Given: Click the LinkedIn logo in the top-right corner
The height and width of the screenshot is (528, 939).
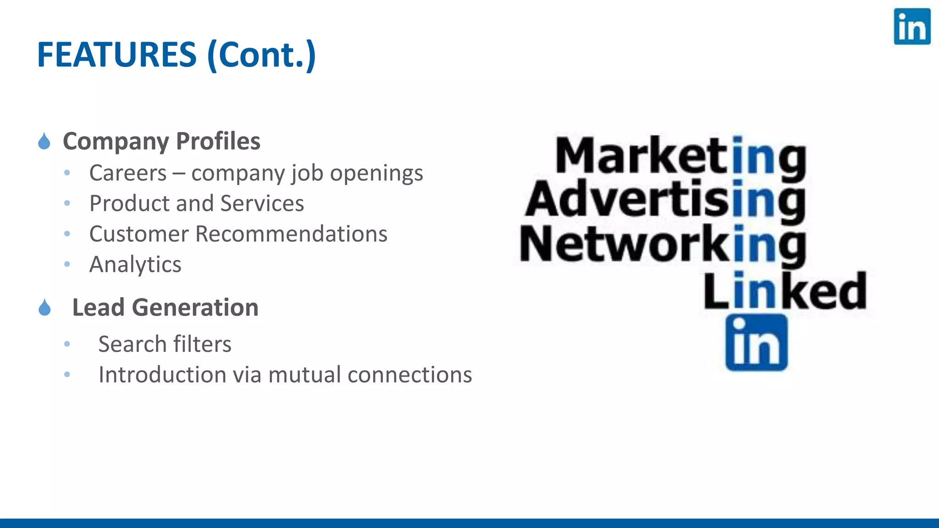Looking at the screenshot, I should [x=911, y=27].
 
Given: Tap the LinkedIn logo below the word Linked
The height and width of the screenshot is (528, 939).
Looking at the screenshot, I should [x=756, y=342].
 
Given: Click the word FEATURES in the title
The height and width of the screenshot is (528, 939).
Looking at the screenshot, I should [x=116, y=55].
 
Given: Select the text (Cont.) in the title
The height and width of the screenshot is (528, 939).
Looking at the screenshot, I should [x=261, y=55].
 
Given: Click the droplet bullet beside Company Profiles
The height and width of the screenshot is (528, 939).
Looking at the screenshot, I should [x=44, y=141].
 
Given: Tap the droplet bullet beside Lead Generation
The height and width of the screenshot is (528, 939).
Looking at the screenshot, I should [x=44, y=308].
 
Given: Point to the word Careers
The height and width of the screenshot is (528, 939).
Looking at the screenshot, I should [x=128, y=173].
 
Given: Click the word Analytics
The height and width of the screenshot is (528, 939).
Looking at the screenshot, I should [x=135, y=264].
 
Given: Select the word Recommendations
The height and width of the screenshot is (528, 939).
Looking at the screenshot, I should [x=291, y=234].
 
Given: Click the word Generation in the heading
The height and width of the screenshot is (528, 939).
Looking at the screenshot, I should [x=195, y=307].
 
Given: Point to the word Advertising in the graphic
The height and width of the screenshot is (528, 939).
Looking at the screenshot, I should [x=665, y=200].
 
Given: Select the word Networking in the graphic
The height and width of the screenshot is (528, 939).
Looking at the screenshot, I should [x=663, y=245].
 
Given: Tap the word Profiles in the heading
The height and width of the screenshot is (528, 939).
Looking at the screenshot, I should [x=218, y=141].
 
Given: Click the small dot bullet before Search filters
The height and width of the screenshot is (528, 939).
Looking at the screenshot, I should [x=67, y=344].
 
